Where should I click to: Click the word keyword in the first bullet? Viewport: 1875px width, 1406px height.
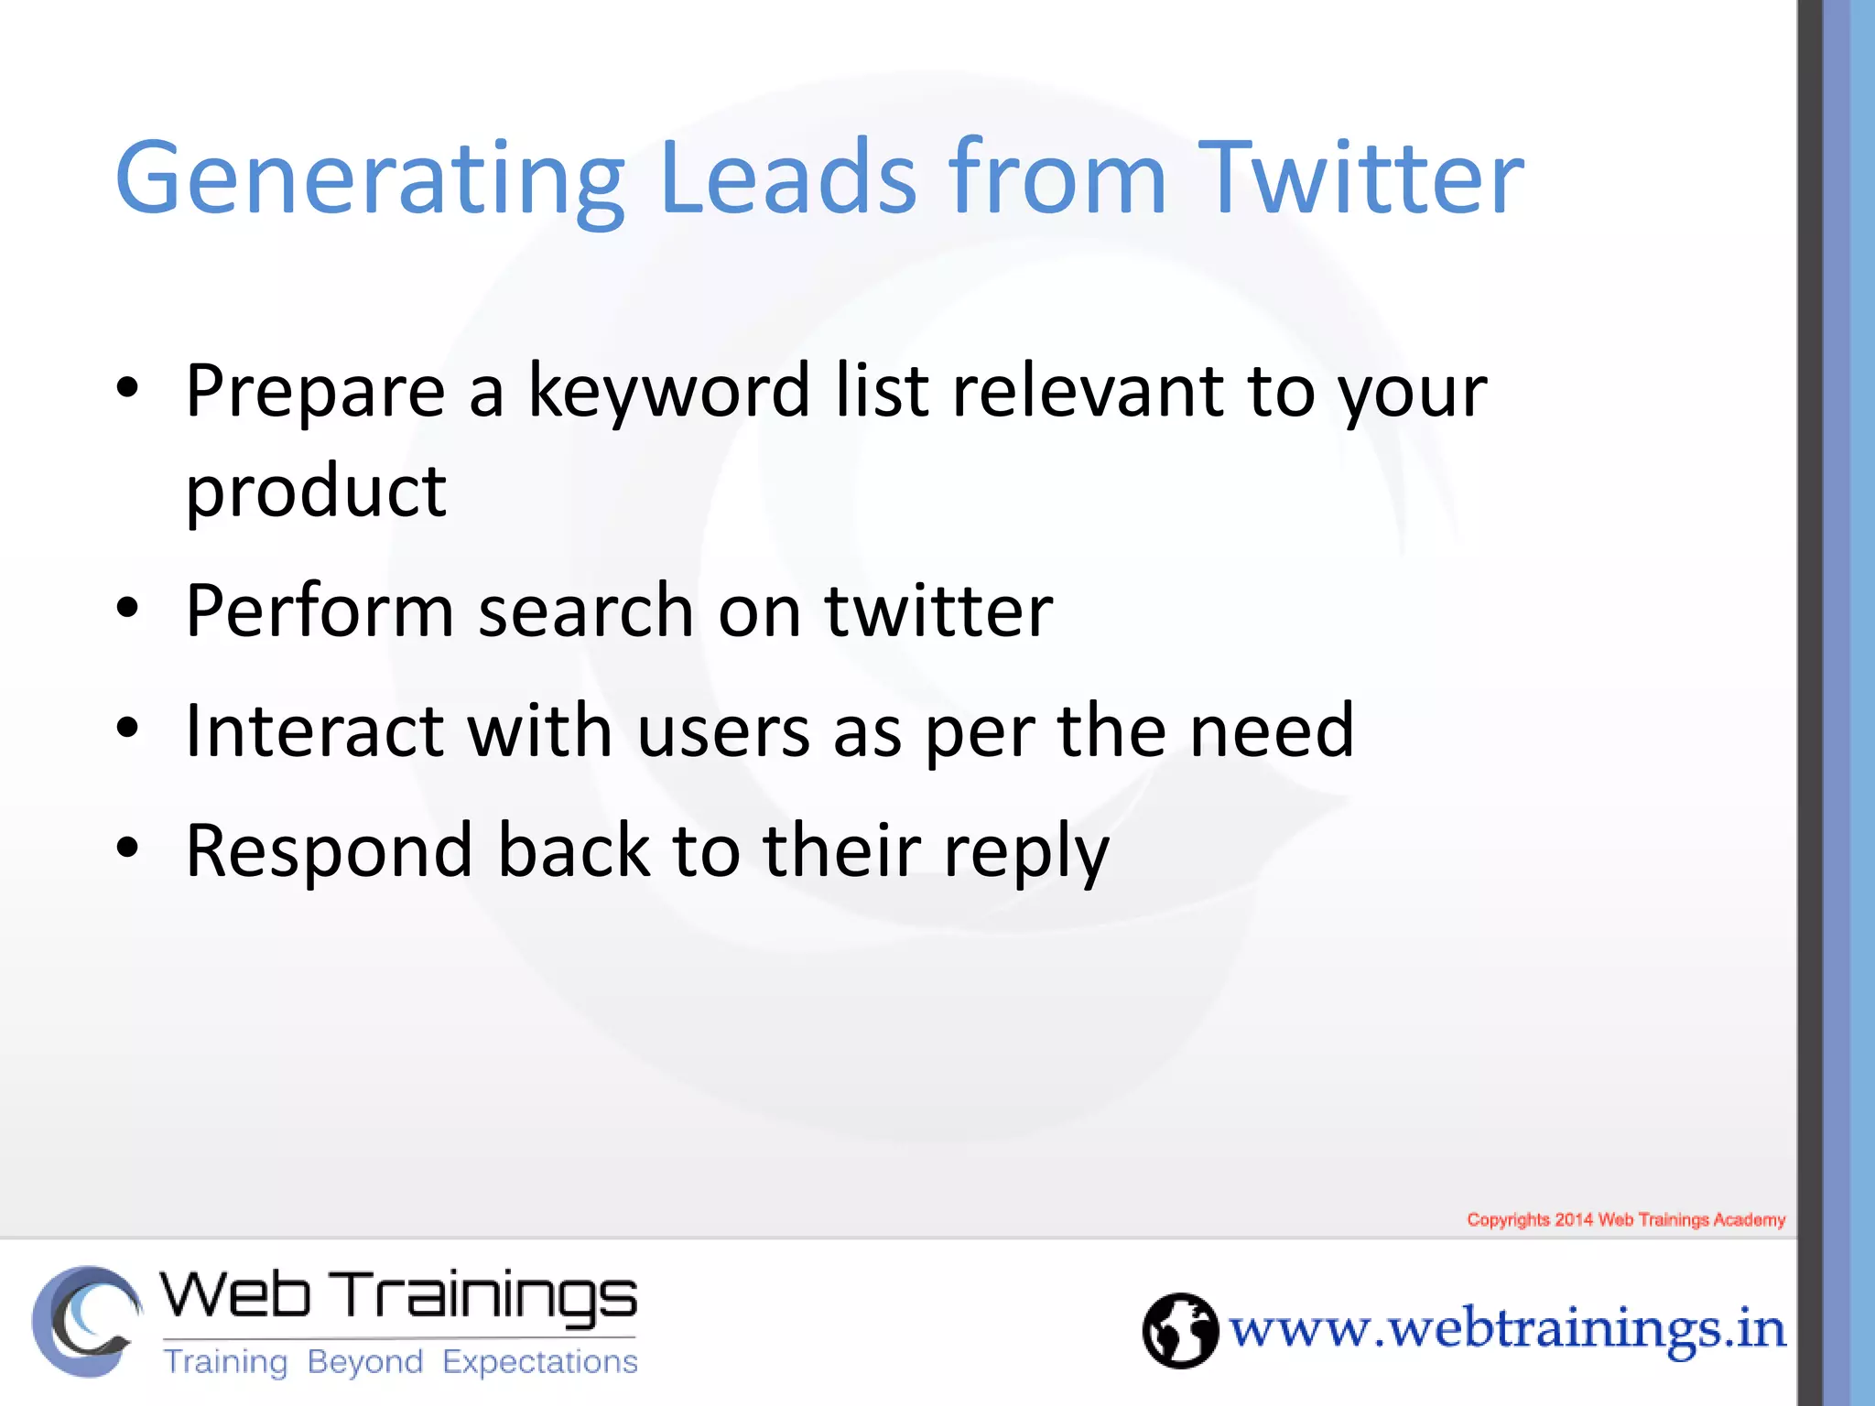pyautogui.click(x=669, y=392)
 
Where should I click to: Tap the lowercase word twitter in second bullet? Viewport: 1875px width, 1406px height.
pyautogui.click(x=939, y=611)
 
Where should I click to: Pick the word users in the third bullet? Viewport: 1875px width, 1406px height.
pyautogui.click(x=723, y=732)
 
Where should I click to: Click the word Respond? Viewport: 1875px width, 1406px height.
pyautogui.click(x=329, y=851)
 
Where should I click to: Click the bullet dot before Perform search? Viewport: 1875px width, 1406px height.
pyautogui.click(x=127, y=608)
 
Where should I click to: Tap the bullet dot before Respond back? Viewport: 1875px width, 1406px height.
pyautogui.click(x=127, y=848)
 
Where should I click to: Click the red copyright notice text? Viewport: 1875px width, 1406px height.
pyautogui.click(x=1626, y=1219)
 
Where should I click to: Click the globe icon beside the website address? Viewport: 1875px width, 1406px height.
pyautogui.click(x=1180, y=1330)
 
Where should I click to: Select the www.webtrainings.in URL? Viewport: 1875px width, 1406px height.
pyautogui.click(x=1507, y=1329)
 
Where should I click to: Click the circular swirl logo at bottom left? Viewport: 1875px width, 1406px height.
pyautogui.click(x=86, y=1321)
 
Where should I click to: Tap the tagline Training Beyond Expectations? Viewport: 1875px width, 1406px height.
pyautogui.click(x=400, y=1362)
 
